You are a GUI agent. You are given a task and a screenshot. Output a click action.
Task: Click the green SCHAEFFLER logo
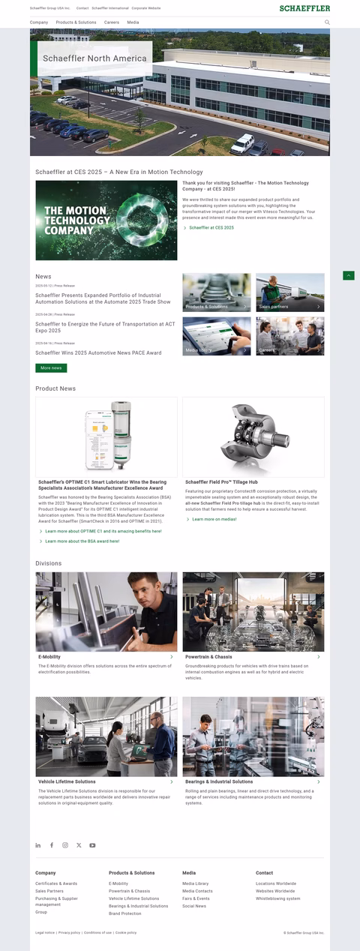pyautogui.click(x=304, y=8)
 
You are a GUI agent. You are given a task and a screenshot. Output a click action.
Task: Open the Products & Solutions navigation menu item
pyautogui.click(x=76, y=22)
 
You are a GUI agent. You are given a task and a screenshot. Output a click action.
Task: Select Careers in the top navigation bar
pyautogui.click(x=112, y=22)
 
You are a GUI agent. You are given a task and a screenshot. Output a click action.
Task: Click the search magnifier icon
pyautogui.click(x=327, y=22)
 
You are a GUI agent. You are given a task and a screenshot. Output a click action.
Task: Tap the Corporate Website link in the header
pyautogui.click(x=146, y=8)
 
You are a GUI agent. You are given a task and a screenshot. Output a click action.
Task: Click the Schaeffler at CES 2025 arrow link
pyautogui.click(x=211, y=227)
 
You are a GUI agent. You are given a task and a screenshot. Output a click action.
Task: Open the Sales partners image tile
pyautogui.click(x=290, y=292)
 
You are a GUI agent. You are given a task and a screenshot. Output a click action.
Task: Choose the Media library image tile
pyautogui.click(x=217, y=336)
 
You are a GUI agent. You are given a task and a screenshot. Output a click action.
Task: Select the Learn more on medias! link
pyautogui.click(x=214, y=519)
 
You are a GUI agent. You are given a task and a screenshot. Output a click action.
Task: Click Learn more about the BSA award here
pyautogui.click(x=82, y=541)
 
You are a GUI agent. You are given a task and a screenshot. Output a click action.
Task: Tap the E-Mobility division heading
pyautogui.click(x=49, y=657)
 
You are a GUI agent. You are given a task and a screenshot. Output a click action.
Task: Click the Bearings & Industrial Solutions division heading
pyautogui.click(x=219, y=781)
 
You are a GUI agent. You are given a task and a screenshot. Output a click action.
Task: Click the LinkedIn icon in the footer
pyautogui.click(x=38, y=845)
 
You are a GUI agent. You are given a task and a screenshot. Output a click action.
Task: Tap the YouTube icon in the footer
pyautogui.click(x=92, y=845)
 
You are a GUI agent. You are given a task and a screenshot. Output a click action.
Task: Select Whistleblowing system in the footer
pyautogui.click(x=277, y=898)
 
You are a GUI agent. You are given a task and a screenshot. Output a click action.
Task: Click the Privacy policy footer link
pyautogui.click(x=69, y=932)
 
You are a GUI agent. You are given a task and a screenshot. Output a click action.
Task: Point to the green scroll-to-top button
pyautogui.click(x=348, y=276)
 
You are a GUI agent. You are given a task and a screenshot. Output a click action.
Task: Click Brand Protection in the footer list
pyautogui.click(x=124, y=913)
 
